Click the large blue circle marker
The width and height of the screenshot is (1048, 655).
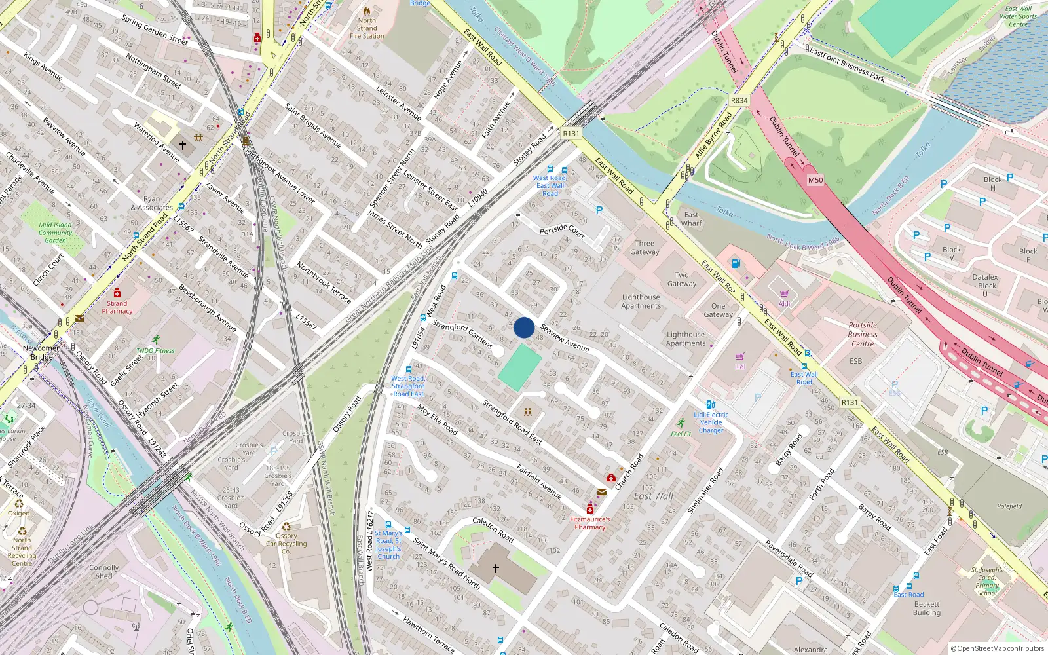click(523, 327)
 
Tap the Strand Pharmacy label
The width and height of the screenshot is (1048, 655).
click(117, 307)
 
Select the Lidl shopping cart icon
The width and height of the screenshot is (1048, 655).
click(740, 357)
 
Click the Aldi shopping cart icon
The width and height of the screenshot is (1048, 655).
click(784, 293)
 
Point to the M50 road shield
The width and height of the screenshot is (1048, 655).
click(815, 180)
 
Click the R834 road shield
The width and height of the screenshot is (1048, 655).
click(739, 100)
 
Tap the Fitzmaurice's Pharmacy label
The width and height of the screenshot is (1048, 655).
click(589, 523)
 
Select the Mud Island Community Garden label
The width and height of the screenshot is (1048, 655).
click(55, 233)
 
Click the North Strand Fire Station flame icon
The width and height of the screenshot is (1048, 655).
click(367, 10)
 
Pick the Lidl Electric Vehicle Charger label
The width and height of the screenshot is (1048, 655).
click(711, 422)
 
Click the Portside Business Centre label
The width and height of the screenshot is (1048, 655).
click(863, 334)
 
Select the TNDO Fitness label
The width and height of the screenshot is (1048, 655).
click(155, 350)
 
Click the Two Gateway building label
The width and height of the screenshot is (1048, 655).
click(682, 279)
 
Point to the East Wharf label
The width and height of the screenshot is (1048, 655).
click(691, 219)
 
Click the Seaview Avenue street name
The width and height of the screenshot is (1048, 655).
click(565, 338)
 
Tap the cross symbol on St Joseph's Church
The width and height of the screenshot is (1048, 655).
click(496, 568)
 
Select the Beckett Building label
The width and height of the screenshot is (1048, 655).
click(926, 608)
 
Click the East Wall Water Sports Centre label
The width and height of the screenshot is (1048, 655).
click(1018, 16)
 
